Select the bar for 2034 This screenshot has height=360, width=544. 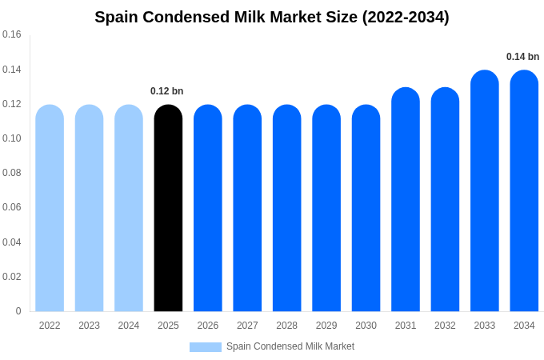[524, 191]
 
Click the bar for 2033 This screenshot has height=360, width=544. [485, 191]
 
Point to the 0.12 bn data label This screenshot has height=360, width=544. [167, 91]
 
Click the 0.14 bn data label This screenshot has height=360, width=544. [522, 57]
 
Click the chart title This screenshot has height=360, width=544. [272, 17]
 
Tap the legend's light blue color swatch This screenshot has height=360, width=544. [205, 347]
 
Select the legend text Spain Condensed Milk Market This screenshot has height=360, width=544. [290, 346]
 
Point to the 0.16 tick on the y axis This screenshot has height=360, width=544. [12, 34]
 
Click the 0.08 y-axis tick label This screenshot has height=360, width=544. [12, 173]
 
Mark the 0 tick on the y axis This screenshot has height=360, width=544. [18, 311]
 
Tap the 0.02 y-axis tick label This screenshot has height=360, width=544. [12, 277]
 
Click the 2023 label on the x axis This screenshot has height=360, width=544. [89, 326]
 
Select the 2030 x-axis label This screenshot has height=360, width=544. [366, 326]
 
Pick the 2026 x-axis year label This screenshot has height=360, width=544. [208, 326]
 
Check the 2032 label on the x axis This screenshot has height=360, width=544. [445, 326]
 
